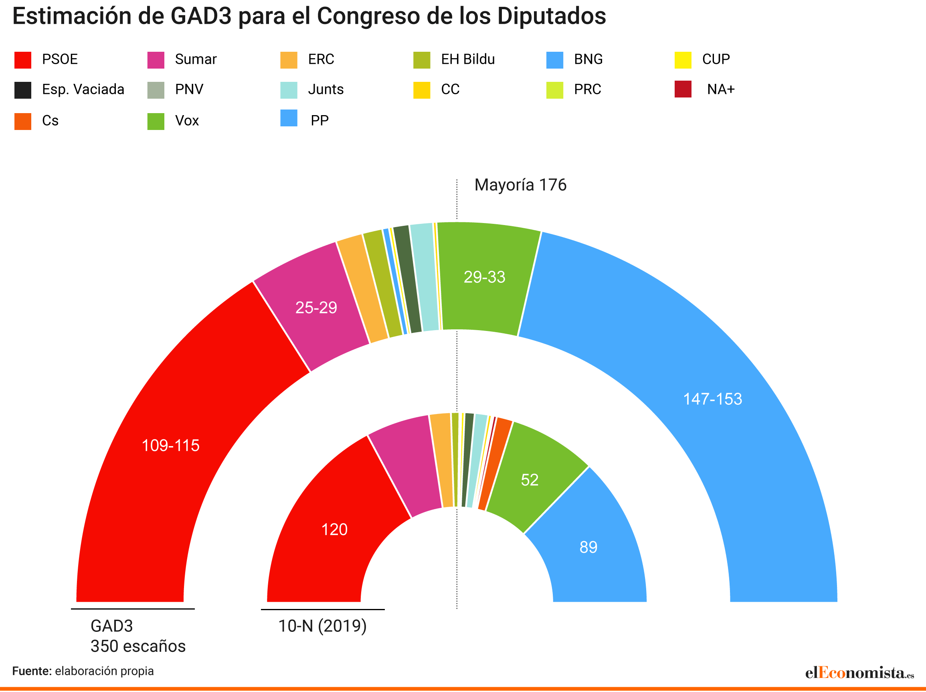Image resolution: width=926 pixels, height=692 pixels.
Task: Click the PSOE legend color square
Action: [22, 60]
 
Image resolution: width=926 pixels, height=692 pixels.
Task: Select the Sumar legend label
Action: [196, 59]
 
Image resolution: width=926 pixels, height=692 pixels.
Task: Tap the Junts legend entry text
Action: [326, 89]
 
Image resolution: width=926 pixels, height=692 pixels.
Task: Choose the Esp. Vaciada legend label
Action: [83, 89]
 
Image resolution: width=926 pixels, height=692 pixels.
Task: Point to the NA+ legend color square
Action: [683, 89]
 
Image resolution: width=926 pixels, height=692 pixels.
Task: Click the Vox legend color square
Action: [156, 122]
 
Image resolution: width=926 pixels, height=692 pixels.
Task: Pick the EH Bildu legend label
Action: [467, 59]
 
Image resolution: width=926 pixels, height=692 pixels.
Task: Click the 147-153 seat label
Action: [712, 399]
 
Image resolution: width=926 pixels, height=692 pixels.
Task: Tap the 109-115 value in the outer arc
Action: [170, 446]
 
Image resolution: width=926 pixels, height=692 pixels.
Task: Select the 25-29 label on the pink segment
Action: [316, 308]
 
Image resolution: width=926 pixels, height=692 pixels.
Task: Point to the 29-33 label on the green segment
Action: [484, 277]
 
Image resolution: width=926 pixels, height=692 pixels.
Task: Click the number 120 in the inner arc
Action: [334, 530]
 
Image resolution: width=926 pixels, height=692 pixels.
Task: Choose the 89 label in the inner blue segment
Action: [588, 548]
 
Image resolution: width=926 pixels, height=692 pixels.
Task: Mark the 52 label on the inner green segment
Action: [529, 480]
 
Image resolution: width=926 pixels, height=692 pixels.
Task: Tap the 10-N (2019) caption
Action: [322, 626]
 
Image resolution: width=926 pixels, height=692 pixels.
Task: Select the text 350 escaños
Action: [138, 646]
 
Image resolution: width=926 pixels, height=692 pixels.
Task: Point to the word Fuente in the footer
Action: [32, 672]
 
